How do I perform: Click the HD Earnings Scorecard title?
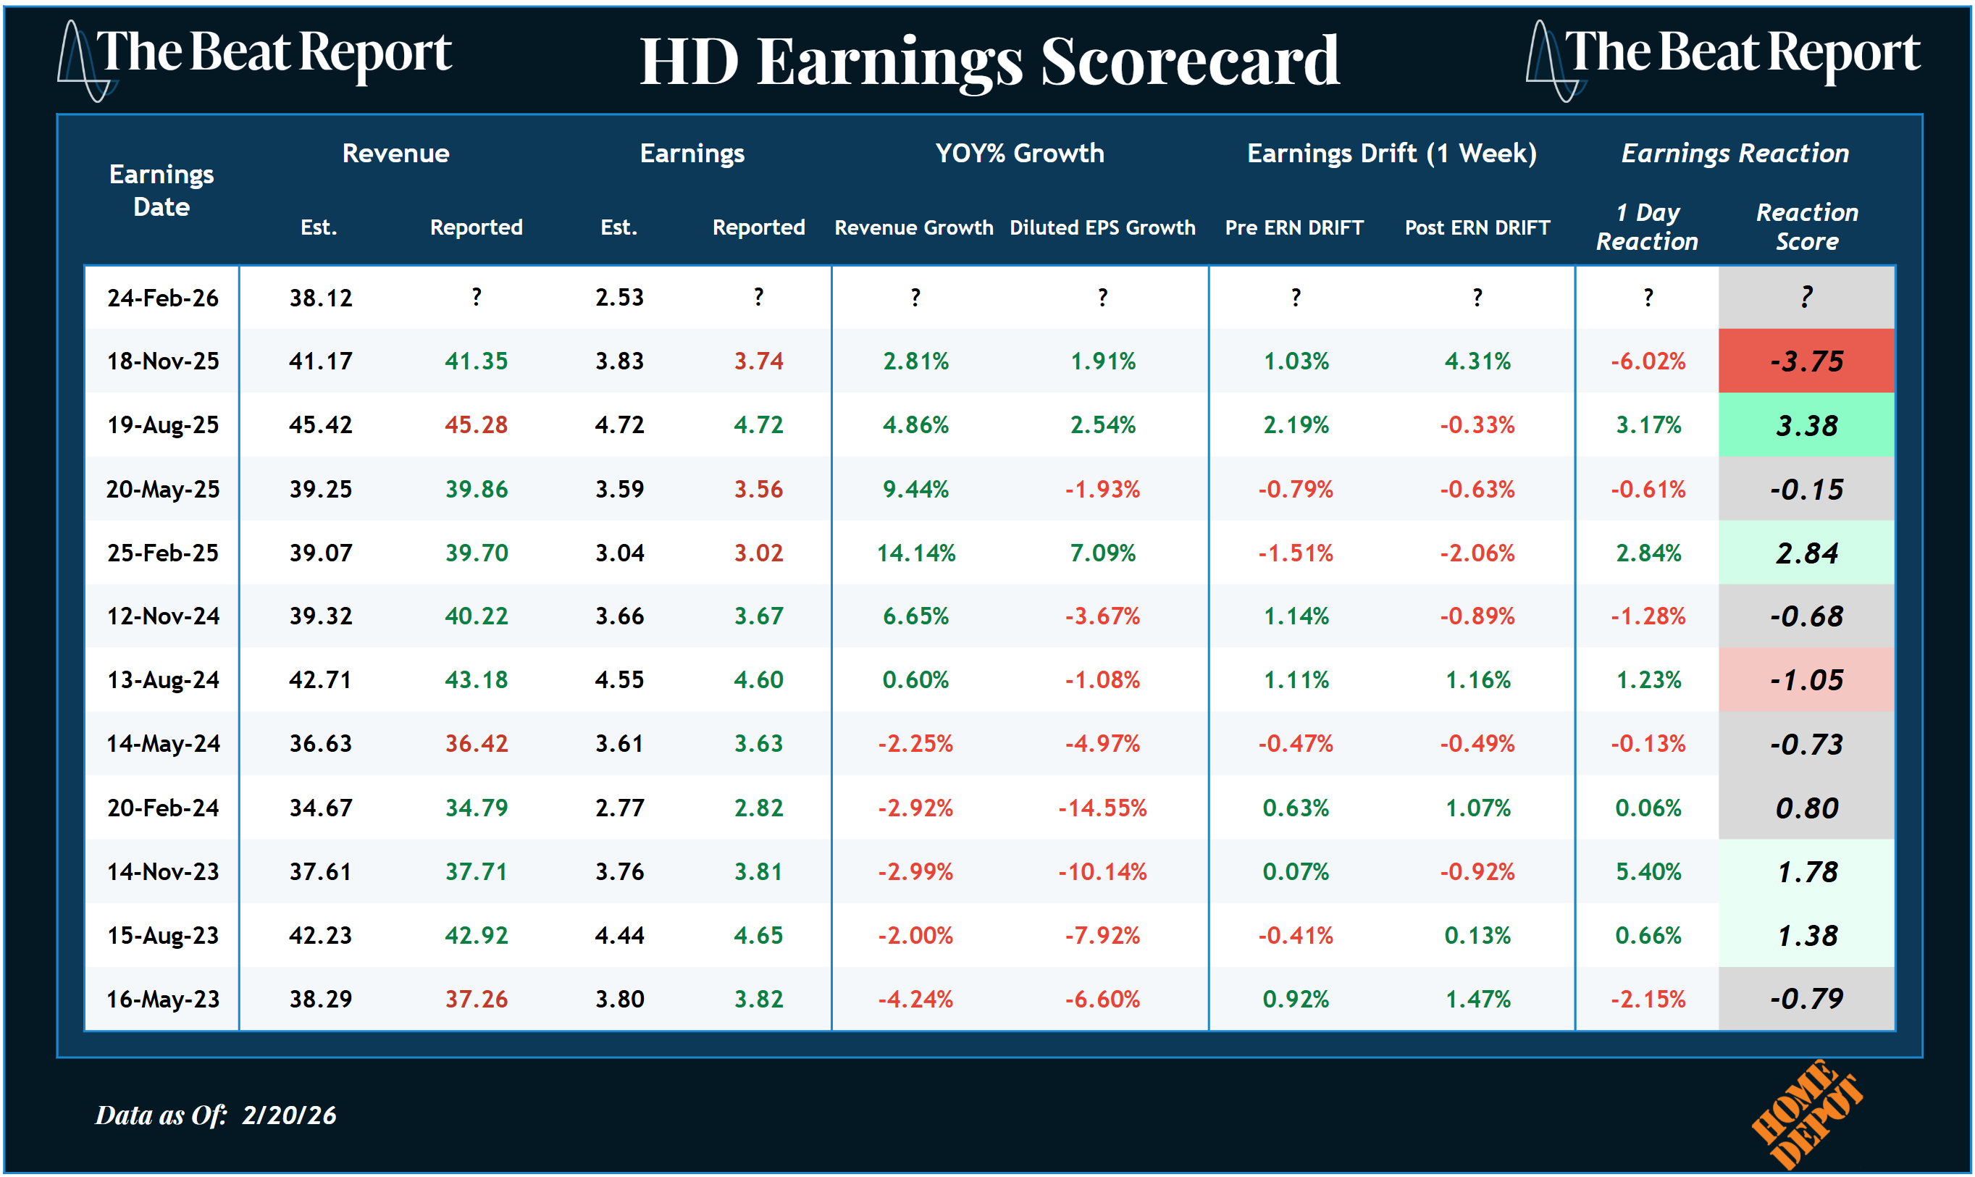pyautogui.click(x=989, y=62)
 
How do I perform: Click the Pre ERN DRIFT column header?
pyautogui.click(x=1294, y=227)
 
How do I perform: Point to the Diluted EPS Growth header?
pyautogui.click(x=1102, y=227)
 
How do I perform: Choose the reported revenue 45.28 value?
pyautogui.click(x=476, y=425)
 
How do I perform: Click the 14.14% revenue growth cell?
pyautogui.click(x=915, y=553)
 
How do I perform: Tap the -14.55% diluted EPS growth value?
pyautogui.click(x=1102, y=808)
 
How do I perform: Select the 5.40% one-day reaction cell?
pyautogui.click(x=1648, y=871)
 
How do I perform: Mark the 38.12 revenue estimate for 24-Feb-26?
pyautogui.click(x=320, y=298)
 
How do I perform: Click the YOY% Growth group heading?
pyautogui.click(x=1019, y=153)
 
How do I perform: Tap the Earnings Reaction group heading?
pyautogui.click(x=1734, y=153)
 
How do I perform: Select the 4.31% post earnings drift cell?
pyautogui.click(x=1477, y=361)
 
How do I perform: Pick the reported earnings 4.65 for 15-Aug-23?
pyautogui.click(x=758, y=936)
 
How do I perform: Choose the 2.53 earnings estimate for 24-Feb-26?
pyautogui.click(x=619, y=298)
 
